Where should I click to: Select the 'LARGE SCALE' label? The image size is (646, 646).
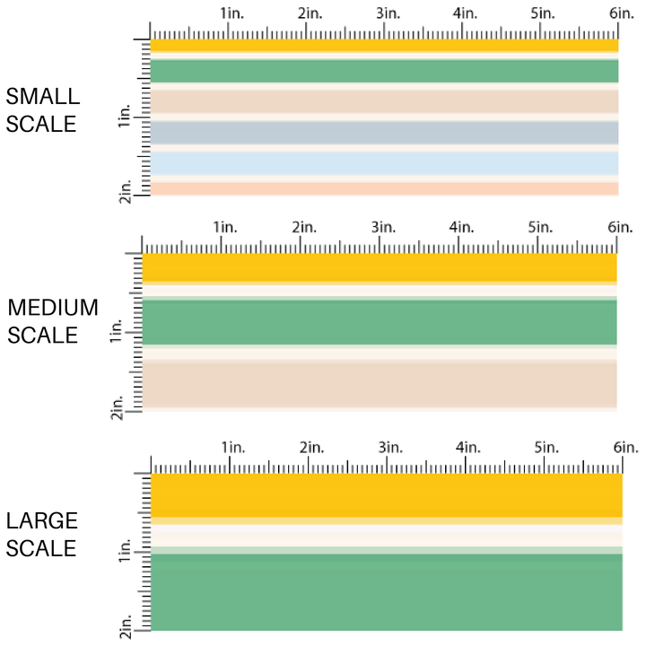tap(41, 535)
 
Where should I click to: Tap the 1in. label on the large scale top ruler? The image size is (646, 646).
tap(232, 447)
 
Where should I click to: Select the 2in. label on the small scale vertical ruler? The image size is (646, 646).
tap(125, 190)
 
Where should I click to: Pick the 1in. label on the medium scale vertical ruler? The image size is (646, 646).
tap(116, 335)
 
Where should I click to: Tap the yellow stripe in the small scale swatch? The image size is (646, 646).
tap(384, 45)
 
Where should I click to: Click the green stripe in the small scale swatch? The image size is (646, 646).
tap(384, 71)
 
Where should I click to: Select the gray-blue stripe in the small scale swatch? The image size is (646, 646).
tap(384, 132)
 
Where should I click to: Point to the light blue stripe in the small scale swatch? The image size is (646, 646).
tap(384, 162)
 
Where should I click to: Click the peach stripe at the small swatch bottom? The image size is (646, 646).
tap(384, 188)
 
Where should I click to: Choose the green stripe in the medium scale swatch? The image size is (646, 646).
tap(380, 322)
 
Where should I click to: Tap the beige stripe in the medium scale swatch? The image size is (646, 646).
tap(380, 384)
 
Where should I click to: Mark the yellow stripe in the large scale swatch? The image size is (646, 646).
tap(386, 494)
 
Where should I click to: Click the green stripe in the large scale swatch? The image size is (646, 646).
tap(386, 592)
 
